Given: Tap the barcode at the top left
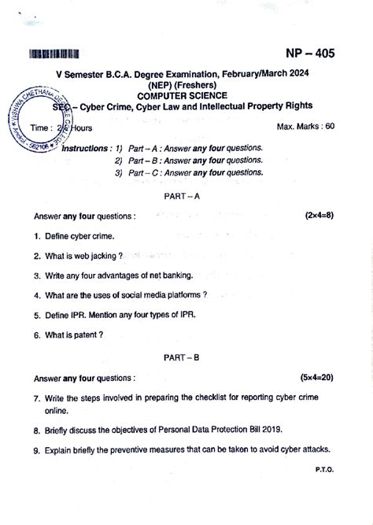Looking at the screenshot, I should coord(54,54).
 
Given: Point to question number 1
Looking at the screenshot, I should coord(37,235).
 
